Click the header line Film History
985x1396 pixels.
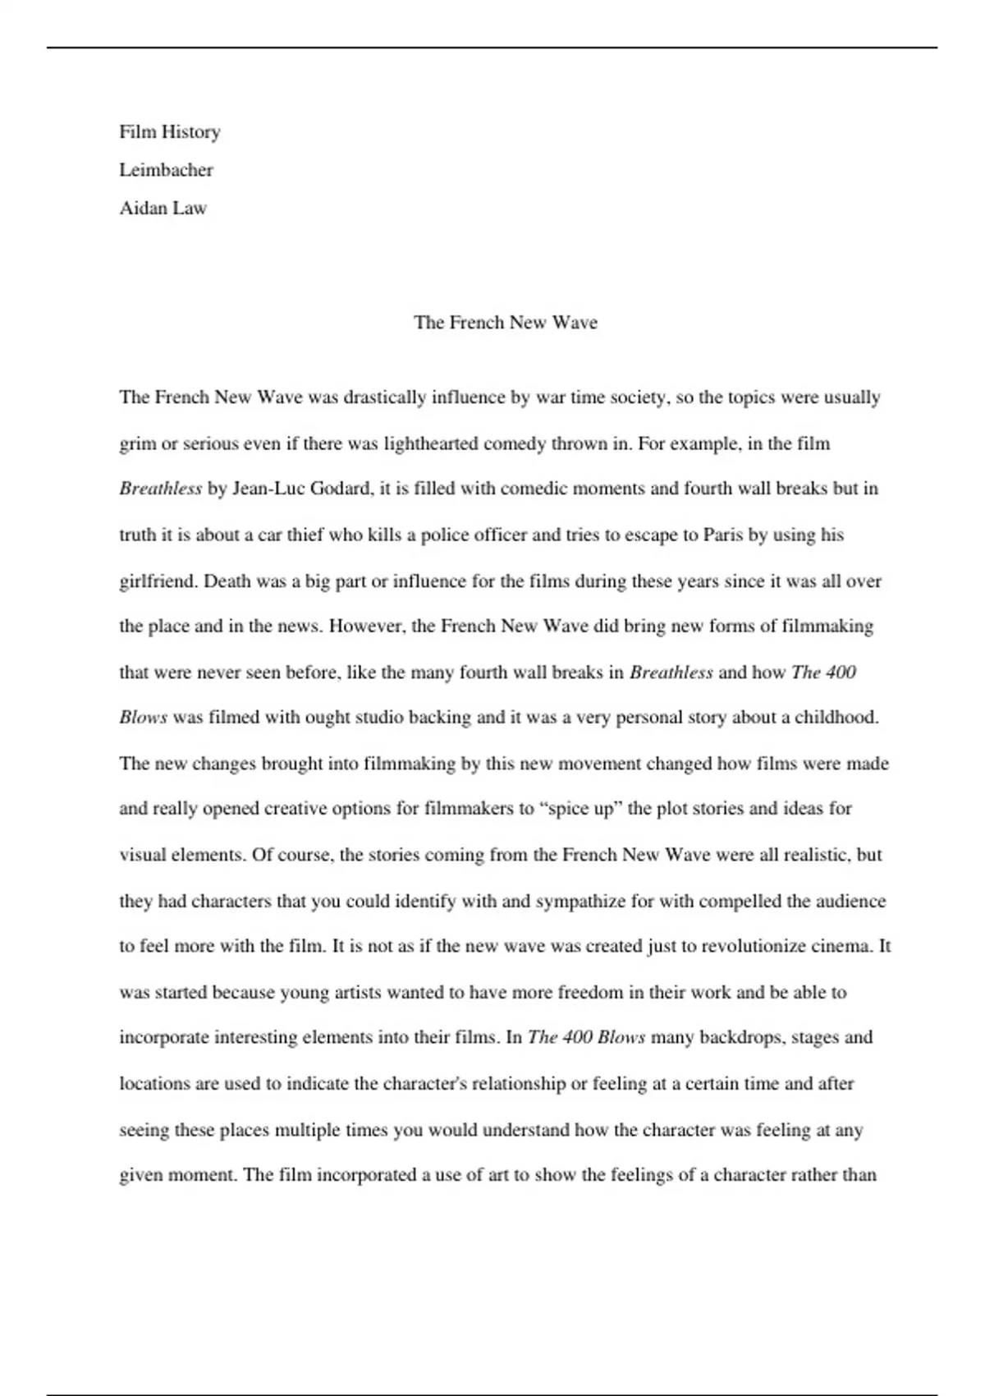(x=170, y=132)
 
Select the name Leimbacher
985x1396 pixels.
(x=166, y=170)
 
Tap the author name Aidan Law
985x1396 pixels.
(x=163, y=208)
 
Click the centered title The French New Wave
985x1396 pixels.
(x=506, y=322)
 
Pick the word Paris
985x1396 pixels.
(x=723, y=535)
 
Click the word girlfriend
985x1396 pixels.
(x=158, y=581)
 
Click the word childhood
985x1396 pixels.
(x=836, y=718)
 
